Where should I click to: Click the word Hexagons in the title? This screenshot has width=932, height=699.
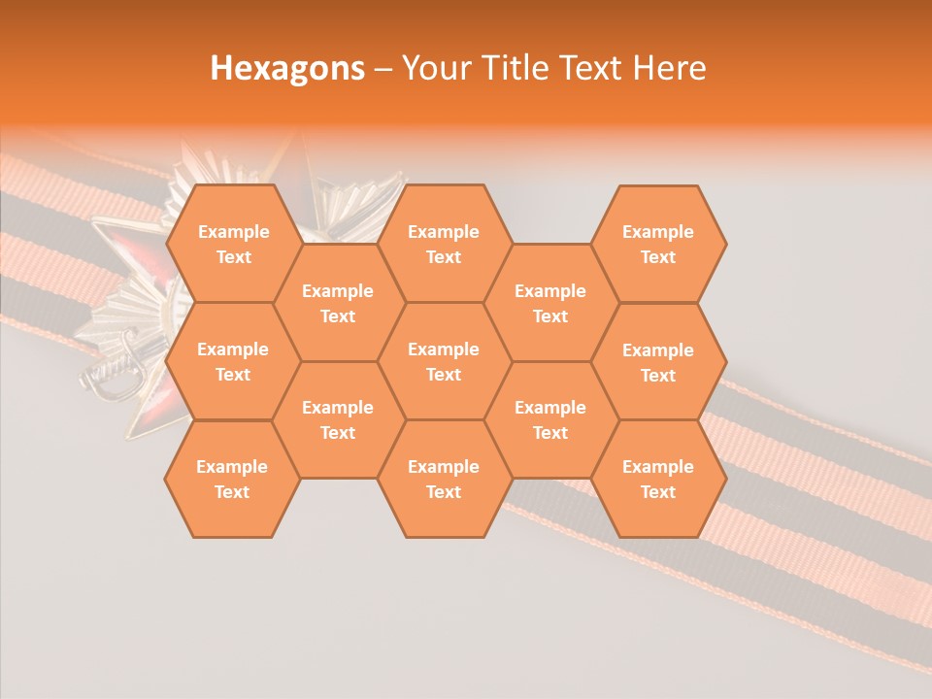point(287,68)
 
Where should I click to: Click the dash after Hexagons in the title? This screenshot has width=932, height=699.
point(383,69)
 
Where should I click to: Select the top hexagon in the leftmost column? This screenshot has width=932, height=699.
point(233,244)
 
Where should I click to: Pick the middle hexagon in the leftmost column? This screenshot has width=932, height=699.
point(233,361)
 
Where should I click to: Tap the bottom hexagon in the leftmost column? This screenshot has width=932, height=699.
point(233,479)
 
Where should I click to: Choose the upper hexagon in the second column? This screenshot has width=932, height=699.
point(338,303)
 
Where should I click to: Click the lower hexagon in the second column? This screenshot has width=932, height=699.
point(338,419)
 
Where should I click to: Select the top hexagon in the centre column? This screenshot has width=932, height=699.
point(444,244)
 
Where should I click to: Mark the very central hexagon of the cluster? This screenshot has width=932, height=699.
point(444,361)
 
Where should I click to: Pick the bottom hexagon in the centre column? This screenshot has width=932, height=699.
point(444,479)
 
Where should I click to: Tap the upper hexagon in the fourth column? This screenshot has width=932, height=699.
point(550,303)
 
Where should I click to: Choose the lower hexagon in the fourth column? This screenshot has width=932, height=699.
point(550,419)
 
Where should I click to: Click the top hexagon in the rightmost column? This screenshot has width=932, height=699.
point(658,244)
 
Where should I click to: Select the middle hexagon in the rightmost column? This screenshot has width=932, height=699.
point(658,362)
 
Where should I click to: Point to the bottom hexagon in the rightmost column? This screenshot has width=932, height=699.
point(658,479)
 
